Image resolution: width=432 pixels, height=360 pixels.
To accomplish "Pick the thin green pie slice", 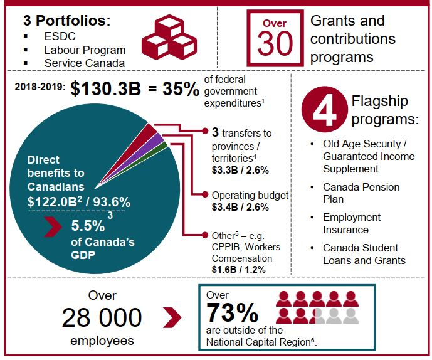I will pos(164,146).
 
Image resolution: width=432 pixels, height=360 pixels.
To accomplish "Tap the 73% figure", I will pos(232,312).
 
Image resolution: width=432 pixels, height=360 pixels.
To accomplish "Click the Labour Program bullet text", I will pos(85,50).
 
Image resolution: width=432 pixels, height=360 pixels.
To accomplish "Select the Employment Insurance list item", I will pos(352,223).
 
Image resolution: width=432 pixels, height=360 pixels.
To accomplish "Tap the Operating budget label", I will pos(250,195).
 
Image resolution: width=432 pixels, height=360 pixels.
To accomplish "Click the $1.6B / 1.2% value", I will pos(239,269).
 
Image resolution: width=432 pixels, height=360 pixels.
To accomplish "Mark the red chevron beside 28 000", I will pos(171,317).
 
